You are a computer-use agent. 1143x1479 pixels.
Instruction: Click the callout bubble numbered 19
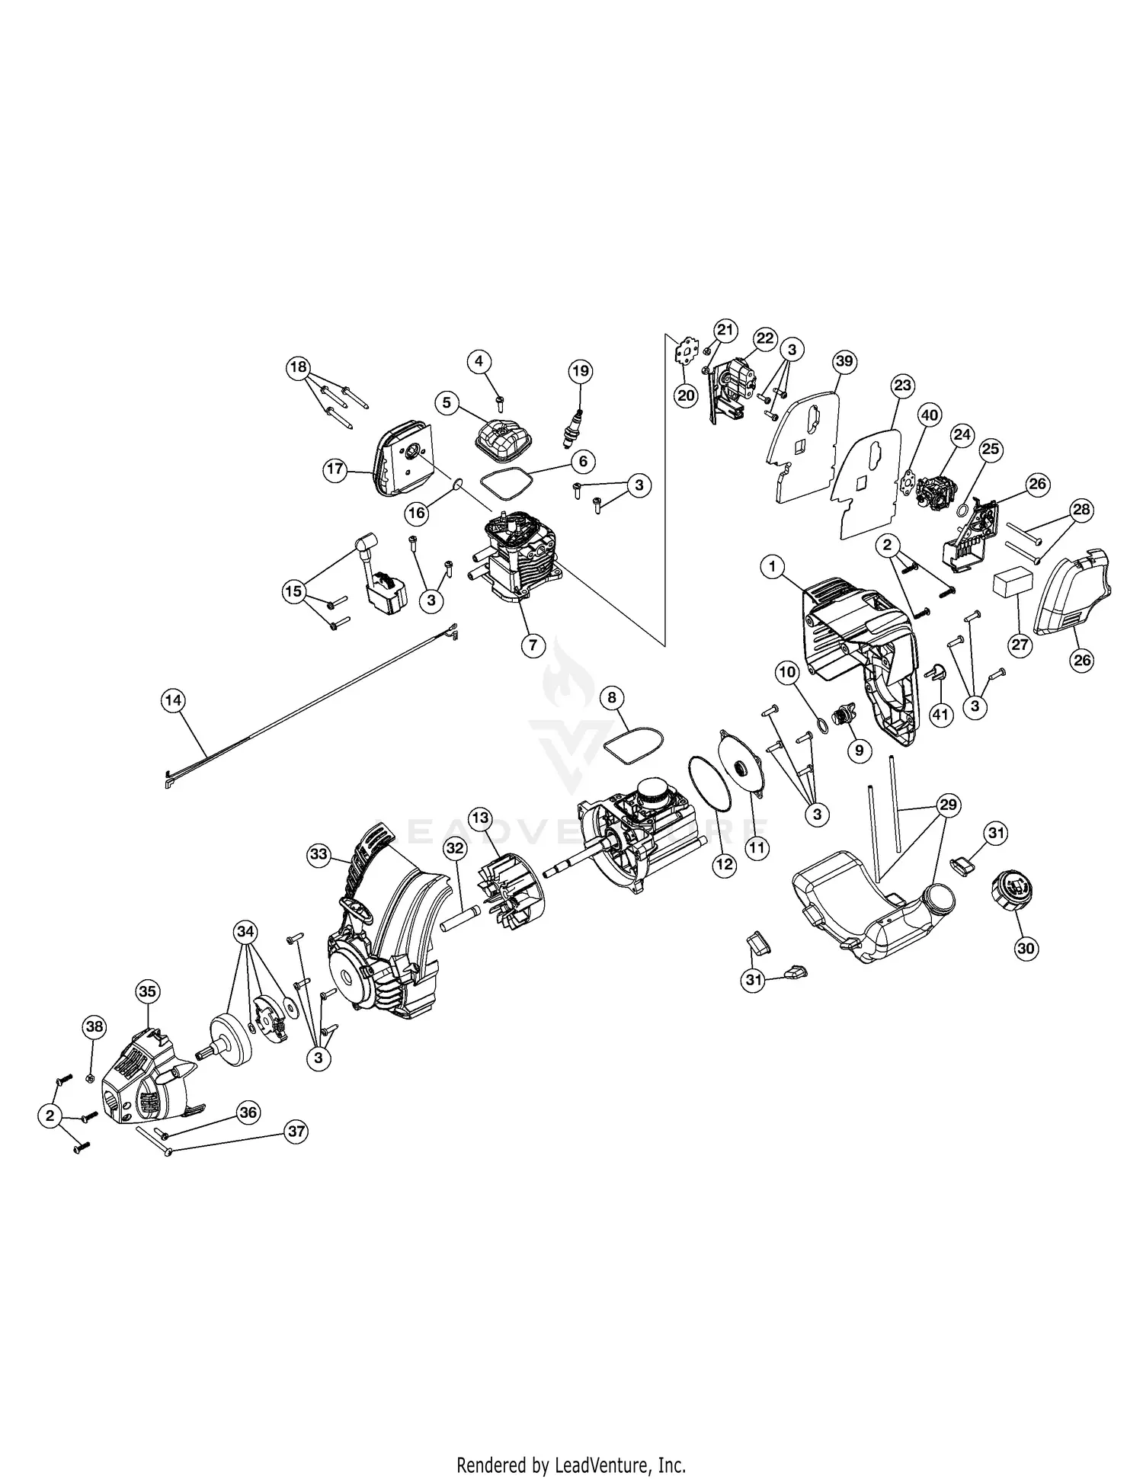pyautogui.click(x=581, y=371)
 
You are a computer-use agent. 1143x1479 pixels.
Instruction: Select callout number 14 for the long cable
pyautogui.click(x=174, y=699)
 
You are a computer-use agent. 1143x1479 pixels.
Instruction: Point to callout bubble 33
pyautogui.click(x=319, y=855)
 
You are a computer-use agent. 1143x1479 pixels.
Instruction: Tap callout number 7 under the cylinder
pyautogui.click(x=533, y=645)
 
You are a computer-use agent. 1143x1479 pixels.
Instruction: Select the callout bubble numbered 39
pyautogui.click(x=844, y=361)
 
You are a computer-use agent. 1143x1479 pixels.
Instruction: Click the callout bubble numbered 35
pyautogui.click(x=147, y=991)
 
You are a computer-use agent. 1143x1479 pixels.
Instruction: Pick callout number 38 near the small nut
pyautogui.click(x=94, y=1026)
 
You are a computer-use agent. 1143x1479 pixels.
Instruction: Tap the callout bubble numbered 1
pyautogui.click(x=773, y=566)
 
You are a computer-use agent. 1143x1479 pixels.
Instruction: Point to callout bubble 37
pyautogui.click(x=296, y=1132)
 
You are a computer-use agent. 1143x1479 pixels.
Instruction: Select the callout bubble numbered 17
pyautogui.click(x=335, y=469)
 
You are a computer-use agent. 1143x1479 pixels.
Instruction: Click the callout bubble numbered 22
pyautogui.click(x=765, y=338)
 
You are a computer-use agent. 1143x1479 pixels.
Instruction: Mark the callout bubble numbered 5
pyautogui.click(x=447, y=402)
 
